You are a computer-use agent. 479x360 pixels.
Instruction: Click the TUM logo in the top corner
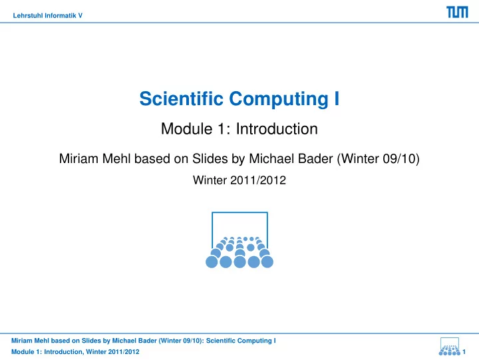coord(457,12)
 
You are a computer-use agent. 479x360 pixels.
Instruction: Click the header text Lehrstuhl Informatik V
coord(48,15)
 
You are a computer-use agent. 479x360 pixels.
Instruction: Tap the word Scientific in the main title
coord(182,98)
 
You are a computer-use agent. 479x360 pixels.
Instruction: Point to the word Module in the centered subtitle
coord(187,128)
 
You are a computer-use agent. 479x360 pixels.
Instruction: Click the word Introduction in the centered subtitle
coord(277,128)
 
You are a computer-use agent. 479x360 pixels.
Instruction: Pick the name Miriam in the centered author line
coord(79,158)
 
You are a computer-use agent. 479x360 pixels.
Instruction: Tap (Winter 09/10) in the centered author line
coord(378,158)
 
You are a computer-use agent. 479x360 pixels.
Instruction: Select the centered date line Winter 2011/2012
coord(239,180)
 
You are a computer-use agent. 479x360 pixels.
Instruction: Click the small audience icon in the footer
coord(449,346)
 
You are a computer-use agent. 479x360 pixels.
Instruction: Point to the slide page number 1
coord(464,352)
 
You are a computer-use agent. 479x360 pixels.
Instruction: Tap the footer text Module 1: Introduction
coord(47,352)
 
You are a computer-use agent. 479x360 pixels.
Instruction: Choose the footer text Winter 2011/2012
coord(112,352)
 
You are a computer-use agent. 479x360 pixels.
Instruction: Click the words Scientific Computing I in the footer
coord(241,341)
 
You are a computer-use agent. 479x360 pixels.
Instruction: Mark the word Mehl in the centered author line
coord(116,158)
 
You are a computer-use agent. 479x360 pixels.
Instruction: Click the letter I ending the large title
coord(337,98)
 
